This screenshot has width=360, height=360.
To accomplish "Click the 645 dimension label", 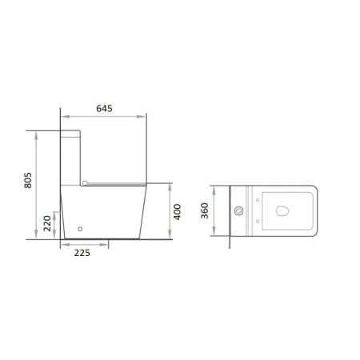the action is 104,109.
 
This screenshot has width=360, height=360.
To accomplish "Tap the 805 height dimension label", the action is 28,180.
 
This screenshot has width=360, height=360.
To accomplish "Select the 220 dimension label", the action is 47,223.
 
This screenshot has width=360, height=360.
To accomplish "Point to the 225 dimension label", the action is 82,253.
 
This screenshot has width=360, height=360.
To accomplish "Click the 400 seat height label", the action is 178,212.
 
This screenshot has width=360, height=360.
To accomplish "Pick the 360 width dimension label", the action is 205,210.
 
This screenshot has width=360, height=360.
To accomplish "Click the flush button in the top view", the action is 239,211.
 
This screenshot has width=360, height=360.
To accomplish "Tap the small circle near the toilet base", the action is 80,229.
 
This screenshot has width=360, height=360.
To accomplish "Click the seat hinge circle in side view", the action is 85,183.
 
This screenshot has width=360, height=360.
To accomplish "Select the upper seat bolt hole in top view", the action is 258,200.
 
